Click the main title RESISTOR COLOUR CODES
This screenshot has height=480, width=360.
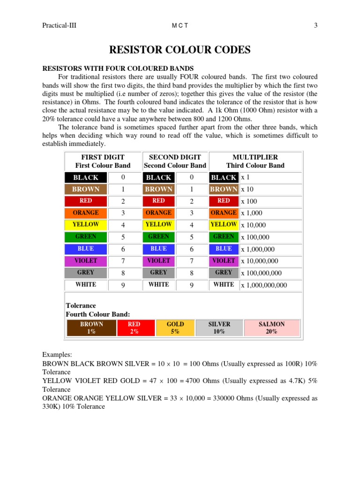click(x=180, y=50)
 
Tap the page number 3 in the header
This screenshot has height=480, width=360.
click(x=315, y=25)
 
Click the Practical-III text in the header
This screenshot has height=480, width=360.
click(x=59, y=25)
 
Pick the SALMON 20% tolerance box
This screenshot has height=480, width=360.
click(x=271, y=328)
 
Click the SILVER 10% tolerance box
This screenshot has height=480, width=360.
click(x=219, y=328)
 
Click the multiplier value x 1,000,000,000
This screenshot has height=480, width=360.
click(x=264, y=285)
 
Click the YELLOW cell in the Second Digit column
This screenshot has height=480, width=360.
click(x=158, y=225)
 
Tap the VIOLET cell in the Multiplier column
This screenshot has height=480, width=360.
click(x=224, y=261)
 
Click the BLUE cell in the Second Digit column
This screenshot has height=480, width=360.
click(x=158, y=249)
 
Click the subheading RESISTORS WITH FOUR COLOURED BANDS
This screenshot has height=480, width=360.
click(x=118, y=68)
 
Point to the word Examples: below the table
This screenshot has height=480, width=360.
click(x=57, y=355)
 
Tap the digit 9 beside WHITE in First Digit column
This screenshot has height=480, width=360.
click(x=123, y=285)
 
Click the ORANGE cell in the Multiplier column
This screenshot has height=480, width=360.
click(x=224, y=213)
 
